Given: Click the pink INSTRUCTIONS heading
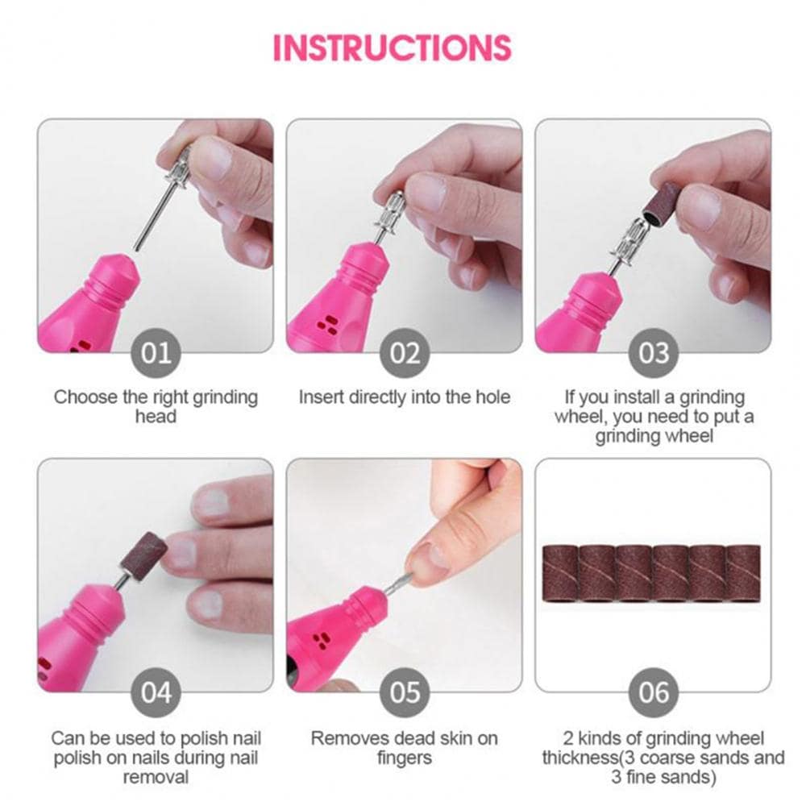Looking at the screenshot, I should pos(392,48).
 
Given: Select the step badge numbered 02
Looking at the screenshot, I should pos(405,353).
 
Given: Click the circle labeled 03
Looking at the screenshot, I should pos(653,353).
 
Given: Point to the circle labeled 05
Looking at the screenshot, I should pos(405,692).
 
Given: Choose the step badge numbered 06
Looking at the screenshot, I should pos(653,692).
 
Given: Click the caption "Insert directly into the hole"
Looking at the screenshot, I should pos(405,397).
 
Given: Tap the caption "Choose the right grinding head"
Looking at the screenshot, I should pos(156,406).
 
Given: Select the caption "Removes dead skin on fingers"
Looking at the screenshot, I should pos(405,747).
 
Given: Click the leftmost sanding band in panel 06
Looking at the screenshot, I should pos(559,573).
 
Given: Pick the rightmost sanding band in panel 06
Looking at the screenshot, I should pos(743,573).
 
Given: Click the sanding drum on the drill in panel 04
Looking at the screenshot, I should pos(146,555).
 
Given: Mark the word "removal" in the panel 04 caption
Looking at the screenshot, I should pos(156,777).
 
